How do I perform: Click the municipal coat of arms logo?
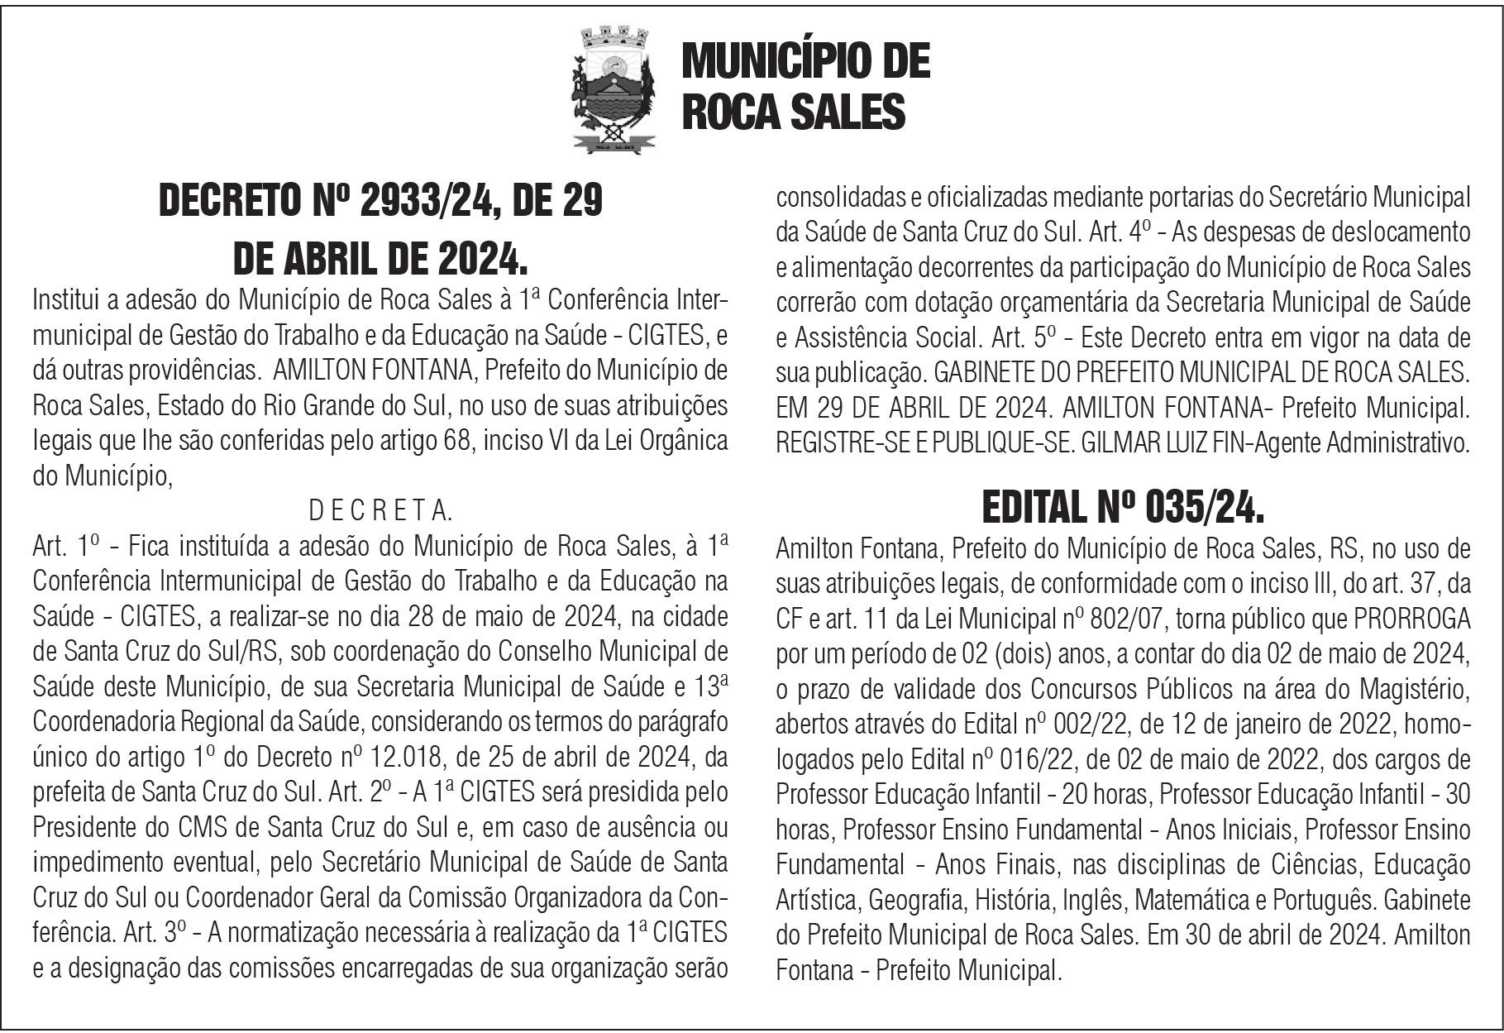click(614, 90)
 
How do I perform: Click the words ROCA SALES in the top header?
click(793, 112)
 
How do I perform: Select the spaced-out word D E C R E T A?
click(380, 511)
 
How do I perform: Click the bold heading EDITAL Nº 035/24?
click(1122, 507)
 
